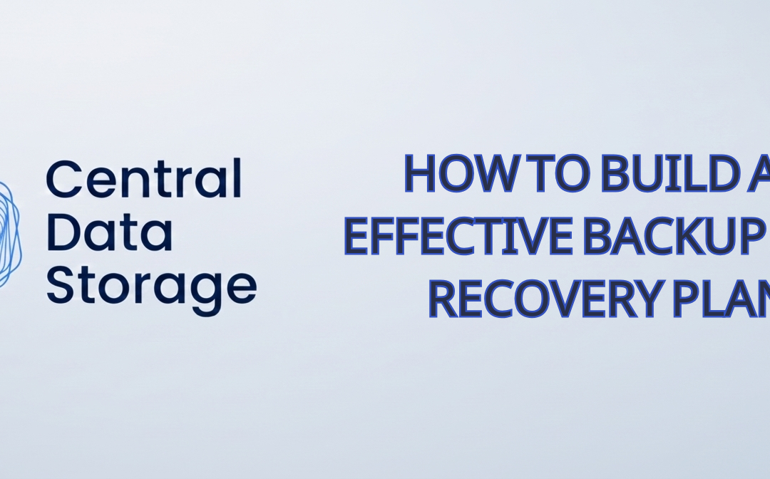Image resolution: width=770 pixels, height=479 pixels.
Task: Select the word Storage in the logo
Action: pyautogui.click(x=151, y=287)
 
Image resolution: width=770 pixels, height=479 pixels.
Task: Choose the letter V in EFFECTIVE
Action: pyautogui.click(x=530, y=236)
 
